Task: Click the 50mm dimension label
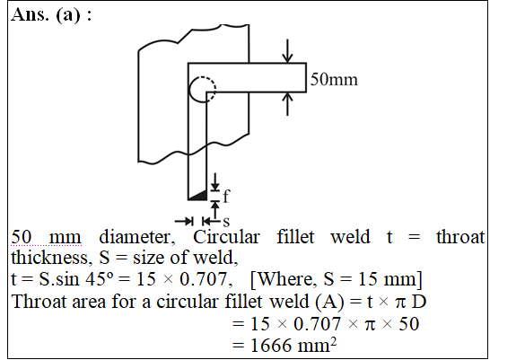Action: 334,80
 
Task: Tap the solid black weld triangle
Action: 200,196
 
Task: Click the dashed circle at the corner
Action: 203,90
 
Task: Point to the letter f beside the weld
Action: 226,196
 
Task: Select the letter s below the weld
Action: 226,222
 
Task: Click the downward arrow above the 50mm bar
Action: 287,51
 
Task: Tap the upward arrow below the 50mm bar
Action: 287,104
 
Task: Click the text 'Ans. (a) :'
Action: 51,14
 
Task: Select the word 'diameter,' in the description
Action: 137,237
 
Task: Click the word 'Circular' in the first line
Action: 226,237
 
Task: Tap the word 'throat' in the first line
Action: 460,237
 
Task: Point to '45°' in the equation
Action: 100,279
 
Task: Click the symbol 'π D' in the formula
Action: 411,302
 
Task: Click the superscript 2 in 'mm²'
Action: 333,342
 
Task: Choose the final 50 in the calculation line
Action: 409,324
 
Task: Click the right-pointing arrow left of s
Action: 184,221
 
